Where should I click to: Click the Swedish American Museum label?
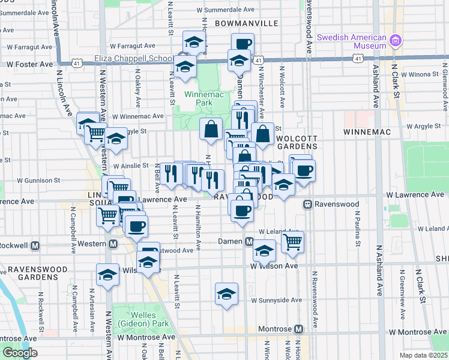pos(351,41)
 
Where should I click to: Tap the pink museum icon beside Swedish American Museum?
pos(395,41)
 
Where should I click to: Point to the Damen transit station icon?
pos(249,241)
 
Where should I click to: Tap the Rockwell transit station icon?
pos(35,245)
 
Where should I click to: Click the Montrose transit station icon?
pos(298,329)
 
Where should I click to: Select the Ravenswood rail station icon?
pos(307,204)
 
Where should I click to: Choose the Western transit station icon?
pos(113,244)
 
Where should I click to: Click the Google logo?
pos(20,353)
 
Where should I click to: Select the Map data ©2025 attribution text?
pos(423,355)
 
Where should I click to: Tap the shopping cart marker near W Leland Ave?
pos(293,242)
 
